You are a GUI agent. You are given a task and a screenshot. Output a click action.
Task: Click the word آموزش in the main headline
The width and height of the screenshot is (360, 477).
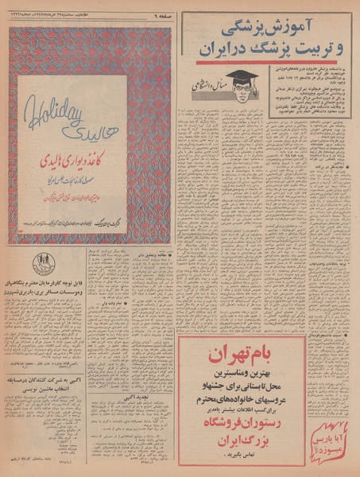coord(293,26)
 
